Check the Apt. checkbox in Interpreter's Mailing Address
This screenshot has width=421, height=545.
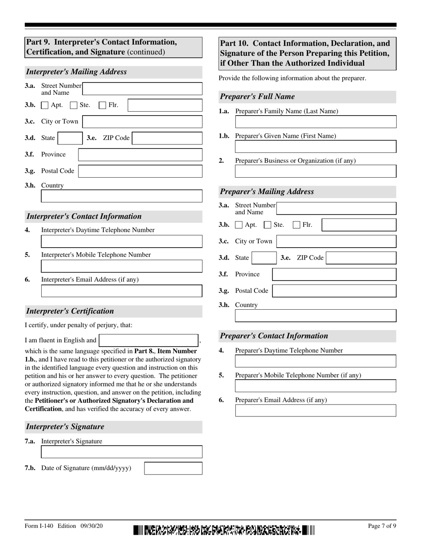[x=45, y=105]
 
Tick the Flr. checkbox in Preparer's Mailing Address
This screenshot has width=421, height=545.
[x=297, y=225]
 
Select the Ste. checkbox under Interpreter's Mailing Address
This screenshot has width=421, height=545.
[x=74, y=105]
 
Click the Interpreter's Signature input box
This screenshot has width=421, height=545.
[x=121, y=452]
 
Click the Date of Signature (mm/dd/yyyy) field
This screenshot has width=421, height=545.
[x=173, y=468]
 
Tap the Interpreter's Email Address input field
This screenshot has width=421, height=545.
[x=121, y=291]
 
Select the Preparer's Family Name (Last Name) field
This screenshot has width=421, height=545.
[x=316, y=122]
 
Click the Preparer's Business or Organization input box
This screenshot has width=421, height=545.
[x=316, y=171]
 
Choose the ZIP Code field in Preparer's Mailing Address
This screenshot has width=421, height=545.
[x=361, y=258]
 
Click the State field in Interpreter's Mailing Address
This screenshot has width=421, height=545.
[x=70, y=138]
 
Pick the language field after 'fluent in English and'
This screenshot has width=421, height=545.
[x=148, y=340]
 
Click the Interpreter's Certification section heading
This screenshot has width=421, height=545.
[x=70, y=311]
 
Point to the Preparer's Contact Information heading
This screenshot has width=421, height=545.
[x=274, y=336]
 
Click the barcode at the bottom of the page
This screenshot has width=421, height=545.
[x=224, y=530]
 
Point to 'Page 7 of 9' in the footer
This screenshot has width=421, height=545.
[x=382, y=526]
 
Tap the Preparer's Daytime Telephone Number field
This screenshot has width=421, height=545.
[x=316, y=361]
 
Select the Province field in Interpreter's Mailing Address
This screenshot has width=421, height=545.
[x=140, y=155]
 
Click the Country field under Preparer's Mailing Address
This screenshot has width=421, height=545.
[x=316, y=315]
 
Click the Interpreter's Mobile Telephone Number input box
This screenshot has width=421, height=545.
[x=121, y=266]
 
